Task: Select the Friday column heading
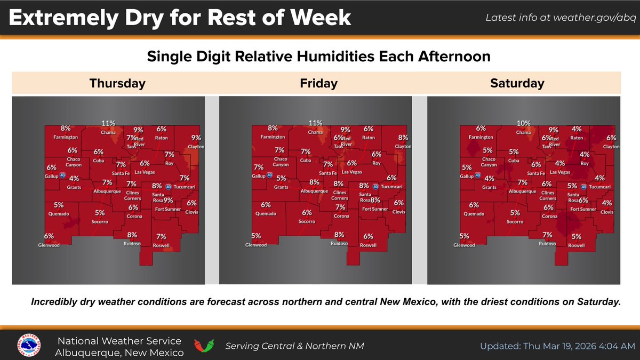[318, 83]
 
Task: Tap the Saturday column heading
[517, 83]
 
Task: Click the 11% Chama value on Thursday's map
[109, 124]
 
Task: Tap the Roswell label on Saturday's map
[576, 245]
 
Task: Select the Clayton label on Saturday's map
[611, 147]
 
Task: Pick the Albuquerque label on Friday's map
[314, 191]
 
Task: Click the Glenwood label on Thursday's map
[49, 245]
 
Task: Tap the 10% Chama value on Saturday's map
[524, 124]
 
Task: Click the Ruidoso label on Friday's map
[339, 243]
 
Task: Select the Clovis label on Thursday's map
[191, 212]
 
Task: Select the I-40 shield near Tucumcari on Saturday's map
[583, 187]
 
